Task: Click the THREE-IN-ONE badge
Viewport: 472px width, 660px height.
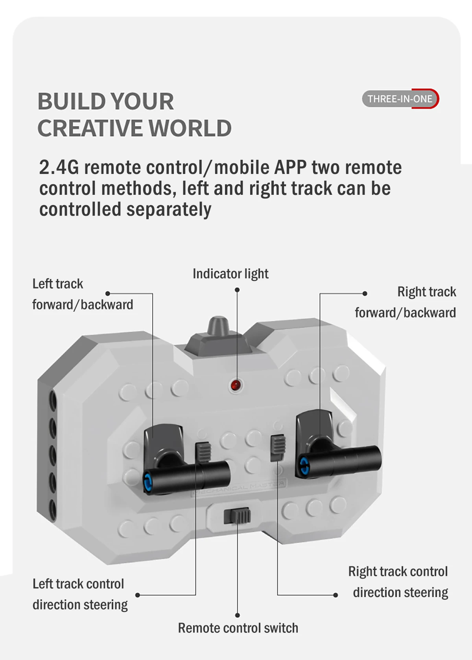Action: [x=400, y=99]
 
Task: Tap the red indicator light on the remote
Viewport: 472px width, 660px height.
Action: [x=236, y=385]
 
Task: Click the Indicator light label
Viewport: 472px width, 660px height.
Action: [x=230, y=274]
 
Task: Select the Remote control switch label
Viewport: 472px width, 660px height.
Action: [x=238, y=628]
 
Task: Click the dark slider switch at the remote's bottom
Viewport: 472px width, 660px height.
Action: [x=237, y=516]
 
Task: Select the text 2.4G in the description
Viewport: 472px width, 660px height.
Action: [x=59, y=167]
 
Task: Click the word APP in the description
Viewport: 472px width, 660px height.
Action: [x=290, y=167]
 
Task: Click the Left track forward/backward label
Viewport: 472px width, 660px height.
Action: [x=82, y=294]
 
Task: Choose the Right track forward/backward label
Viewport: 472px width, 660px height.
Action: [x=405, y=302]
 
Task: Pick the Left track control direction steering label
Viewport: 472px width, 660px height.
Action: [x=80, y=594]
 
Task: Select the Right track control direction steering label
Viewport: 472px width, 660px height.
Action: [x=398, y=582]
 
